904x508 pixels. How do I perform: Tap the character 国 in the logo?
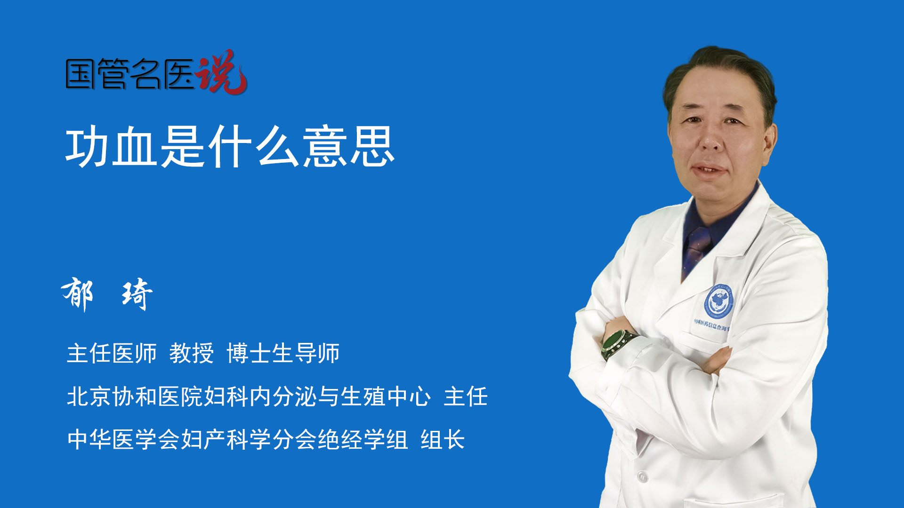81,74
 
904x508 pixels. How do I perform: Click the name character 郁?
78,294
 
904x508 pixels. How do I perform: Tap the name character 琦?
137,294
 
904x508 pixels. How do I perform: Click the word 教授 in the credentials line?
192,353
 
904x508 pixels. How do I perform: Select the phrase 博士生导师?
283,353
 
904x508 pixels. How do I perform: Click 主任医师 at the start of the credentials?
112,353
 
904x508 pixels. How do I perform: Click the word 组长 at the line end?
443,440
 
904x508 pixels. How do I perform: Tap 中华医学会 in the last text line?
123,440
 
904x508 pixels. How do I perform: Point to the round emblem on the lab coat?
719,301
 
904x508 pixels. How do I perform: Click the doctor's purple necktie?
696,249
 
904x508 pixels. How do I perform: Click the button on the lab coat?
642,476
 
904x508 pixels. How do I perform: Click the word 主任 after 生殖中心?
466,396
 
